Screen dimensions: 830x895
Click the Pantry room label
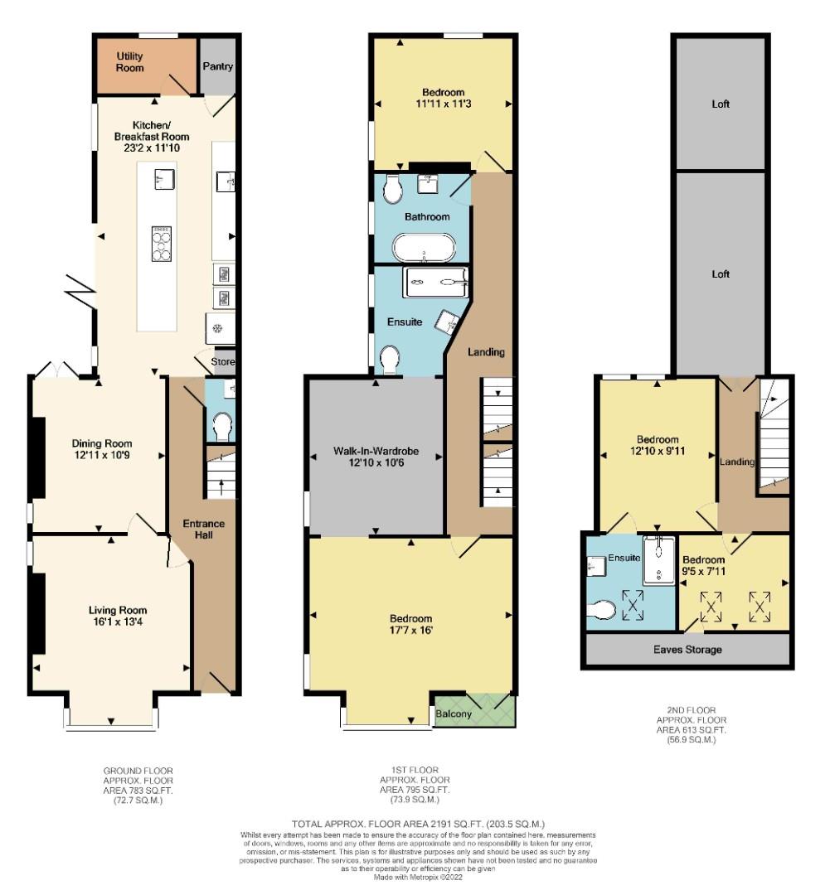(217, 66)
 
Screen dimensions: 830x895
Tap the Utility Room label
(129, 61)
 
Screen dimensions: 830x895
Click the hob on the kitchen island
(162, 244)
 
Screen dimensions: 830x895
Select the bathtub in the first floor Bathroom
(424, 248)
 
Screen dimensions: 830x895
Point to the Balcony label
(454, 714)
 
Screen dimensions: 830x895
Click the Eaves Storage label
(687, 650)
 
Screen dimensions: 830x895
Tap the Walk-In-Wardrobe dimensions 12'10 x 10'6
(376, 462)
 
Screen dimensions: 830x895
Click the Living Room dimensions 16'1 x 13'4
(118, 622)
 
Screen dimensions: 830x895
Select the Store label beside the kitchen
(223, 361)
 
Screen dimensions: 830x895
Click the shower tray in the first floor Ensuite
(436, 282)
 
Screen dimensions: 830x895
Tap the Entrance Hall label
(203, 529)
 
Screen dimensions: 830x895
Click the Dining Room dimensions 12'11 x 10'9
(102, 455)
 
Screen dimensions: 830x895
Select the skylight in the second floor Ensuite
(633, 605)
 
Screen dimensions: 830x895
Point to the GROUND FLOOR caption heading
(138, 771)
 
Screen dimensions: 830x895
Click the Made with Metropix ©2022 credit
(418, 878)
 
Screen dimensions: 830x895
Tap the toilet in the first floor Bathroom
(392, 190)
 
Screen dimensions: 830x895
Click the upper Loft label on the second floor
(721, 104)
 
